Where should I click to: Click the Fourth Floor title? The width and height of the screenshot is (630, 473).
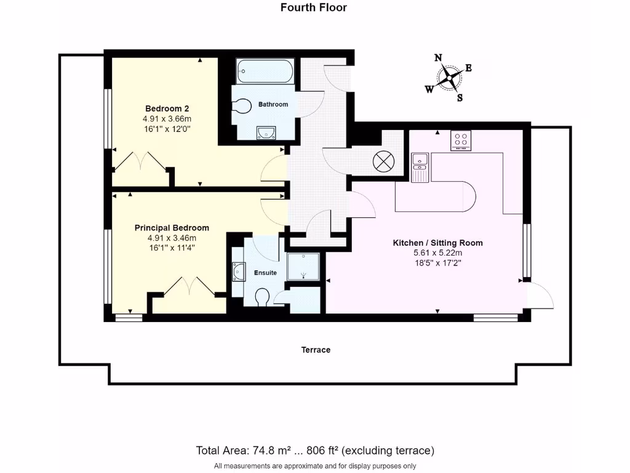(313, 8)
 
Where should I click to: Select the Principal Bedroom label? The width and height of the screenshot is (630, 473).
(172, 228)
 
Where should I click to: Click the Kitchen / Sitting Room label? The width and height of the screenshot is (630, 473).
(437, 243)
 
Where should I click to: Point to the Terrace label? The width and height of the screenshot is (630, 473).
(316, 350)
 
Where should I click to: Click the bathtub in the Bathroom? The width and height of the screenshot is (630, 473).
(265, 71)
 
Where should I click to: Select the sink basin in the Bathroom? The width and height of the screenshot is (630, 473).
(266, 131)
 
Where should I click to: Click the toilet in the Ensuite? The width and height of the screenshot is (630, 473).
(262, 297)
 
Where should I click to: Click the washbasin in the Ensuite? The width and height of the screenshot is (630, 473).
(237, 270)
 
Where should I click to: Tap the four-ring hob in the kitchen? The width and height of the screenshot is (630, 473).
(460, 140)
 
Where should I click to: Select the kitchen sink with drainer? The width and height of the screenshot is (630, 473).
(420, 167)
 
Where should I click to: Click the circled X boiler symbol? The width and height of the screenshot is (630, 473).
(383, 162)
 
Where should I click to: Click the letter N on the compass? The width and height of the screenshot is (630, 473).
(438, 58)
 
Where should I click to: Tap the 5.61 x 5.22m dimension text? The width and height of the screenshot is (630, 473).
(437, 253)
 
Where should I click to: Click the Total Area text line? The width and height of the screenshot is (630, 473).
(315, 450)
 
